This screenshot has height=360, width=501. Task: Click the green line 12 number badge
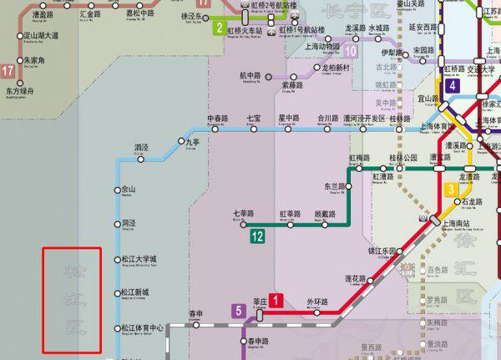pyautogui.click(x=257, y=237)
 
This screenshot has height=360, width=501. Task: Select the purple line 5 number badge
pyautogui.click(x=240, y=312)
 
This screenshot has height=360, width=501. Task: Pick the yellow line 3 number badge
pyautogui.click(x=452, y=190)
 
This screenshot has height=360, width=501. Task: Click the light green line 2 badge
pyautogui.click(x=219, y=28)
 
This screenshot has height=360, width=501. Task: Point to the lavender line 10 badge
pyautogui.click(x=351, y=51)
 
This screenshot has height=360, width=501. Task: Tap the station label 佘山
pyautogui.click(x=128, y=190)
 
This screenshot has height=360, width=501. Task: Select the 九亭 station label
pyautogui.click(x=193, y=143)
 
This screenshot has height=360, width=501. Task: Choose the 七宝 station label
pyautogui.click(x=254, y=119)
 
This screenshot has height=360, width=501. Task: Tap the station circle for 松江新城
pyautogui.click(x=116, y=293)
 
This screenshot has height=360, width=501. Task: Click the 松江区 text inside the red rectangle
pyautogui.click(x=72, y=300)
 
